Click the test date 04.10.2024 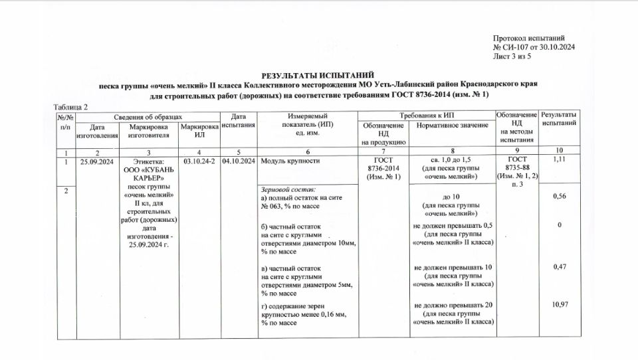click(x=239, y=161)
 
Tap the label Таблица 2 click(x=70, y=107)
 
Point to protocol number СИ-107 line click(x=534, y=48)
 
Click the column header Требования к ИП click(x=425, y=116)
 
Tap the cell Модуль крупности click(x=291, y=161)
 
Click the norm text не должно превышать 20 click(x=453, y=305)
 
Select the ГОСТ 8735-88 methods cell click(x=517, y=171)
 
